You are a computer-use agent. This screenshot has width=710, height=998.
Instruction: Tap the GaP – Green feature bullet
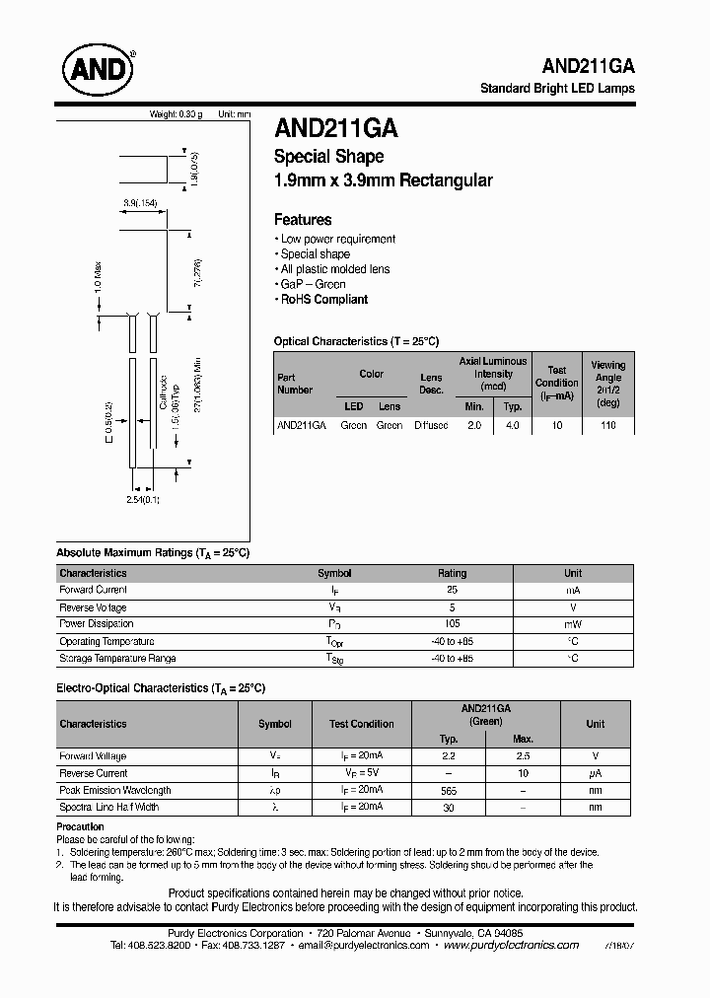(309, 284)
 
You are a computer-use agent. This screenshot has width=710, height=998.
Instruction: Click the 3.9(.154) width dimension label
(140, 203)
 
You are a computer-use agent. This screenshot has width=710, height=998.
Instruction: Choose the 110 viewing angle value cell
(607, 425)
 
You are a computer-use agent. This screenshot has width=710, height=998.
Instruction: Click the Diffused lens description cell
(430, 425)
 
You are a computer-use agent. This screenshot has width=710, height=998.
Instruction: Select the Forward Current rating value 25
(452, 590)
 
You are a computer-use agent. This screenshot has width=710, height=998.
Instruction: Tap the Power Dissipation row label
(98, 623)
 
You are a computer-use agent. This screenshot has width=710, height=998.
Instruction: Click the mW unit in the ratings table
(573, 623)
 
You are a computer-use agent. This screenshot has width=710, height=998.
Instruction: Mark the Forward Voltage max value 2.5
(523, 756)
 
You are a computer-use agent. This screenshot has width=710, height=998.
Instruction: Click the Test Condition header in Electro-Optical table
(362, 724)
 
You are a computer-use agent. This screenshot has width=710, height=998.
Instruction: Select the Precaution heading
(80, 826)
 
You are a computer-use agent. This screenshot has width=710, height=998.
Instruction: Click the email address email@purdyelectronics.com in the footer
(364, 945)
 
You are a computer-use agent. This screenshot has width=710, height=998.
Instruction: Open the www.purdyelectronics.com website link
(511, 945)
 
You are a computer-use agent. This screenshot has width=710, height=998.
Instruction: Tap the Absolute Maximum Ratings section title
(153, 553)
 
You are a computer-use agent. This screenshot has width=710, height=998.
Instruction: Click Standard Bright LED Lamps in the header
(556, 88)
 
